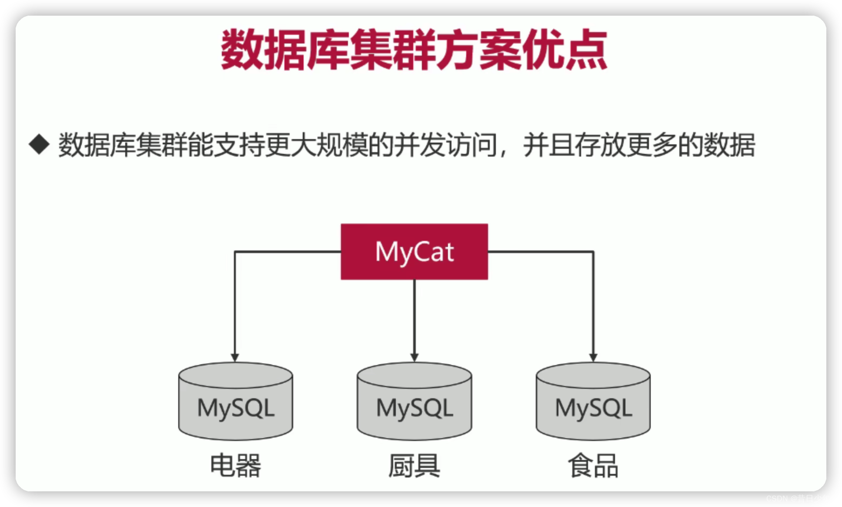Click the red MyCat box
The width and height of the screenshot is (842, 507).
click(x=414, y=251)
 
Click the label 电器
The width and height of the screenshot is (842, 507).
click(x=235, y=465)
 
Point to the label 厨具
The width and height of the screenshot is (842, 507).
click(x=414, y=465)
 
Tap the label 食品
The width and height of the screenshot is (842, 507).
click(x=593, y=465)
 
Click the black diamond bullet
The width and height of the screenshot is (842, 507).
click(x=39, y=144)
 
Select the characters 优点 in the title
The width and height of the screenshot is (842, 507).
click(x=564, y=49)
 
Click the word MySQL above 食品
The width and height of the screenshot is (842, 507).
click(x=593, y=408)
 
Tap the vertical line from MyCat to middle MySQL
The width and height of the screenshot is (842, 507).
click(x=414, y=317)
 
